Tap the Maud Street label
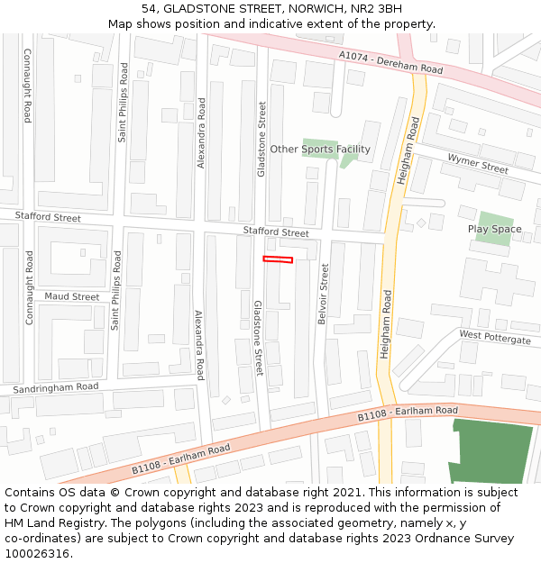[72, 296]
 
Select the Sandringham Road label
[56, 387]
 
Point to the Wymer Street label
[478, 165]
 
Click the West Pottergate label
[495, 338]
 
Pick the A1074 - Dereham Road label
[391, 62]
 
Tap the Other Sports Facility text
[320, 150]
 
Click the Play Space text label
[494, 229]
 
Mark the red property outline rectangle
[278, 259]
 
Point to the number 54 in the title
[150, 8]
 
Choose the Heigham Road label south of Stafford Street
[385, 324]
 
